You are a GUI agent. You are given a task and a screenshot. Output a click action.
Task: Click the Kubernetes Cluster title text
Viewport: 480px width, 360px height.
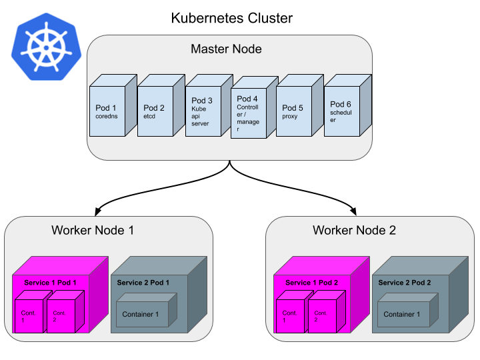point(231,18)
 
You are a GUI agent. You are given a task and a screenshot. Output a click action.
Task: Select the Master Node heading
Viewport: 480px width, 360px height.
point(226,49)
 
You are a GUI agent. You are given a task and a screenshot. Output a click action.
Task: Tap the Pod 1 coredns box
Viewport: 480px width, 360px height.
point(107,111)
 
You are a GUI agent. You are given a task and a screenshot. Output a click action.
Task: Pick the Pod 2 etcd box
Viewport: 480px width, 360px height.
point(155,111)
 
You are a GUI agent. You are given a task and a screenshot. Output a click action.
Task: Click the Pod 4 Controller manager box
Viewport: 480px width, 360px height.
point(249,113)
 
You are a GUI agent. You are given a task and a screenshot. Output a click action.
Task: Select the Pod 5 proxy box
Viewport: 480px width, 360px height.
point(294,111)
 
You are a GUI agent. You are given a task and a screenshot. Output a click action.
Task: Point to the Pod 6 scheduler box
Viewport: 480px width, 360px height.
point(341,111)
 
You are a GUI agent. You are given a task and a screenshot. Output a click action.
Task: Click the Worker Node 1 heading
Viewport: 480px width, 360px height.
point(93,230)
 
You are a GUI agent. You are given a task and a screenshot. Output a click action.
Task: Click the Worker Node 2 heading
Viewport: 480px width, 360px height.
point(354,230)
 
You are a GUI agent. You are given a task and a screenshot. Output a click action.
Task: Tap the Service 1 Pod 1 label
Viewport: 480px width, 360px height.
point(51,283)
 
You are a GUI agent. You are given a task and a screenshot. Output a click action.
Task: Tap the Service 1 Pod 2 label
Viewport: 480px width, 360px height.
point(312,283)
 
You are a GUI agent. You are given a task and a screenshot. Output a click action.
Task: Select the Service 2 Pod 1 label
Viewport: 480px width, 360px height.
point(143,283)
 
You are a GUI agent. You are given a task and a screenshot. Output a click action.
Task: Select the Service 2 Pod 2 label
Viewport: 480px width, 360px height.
point(404,283)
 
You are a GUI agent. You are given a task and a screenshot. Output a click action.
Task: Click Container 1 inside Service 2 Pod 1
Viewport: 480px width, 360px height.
point(141,314)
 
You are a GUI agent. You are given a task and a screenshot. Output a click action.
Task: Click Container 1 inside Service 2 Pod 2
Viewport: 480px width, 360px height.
point(402,314)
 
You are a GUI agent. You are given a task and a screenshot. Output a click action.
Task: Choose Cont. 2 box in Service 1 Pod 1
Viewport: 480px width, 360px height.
point(61,317)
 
